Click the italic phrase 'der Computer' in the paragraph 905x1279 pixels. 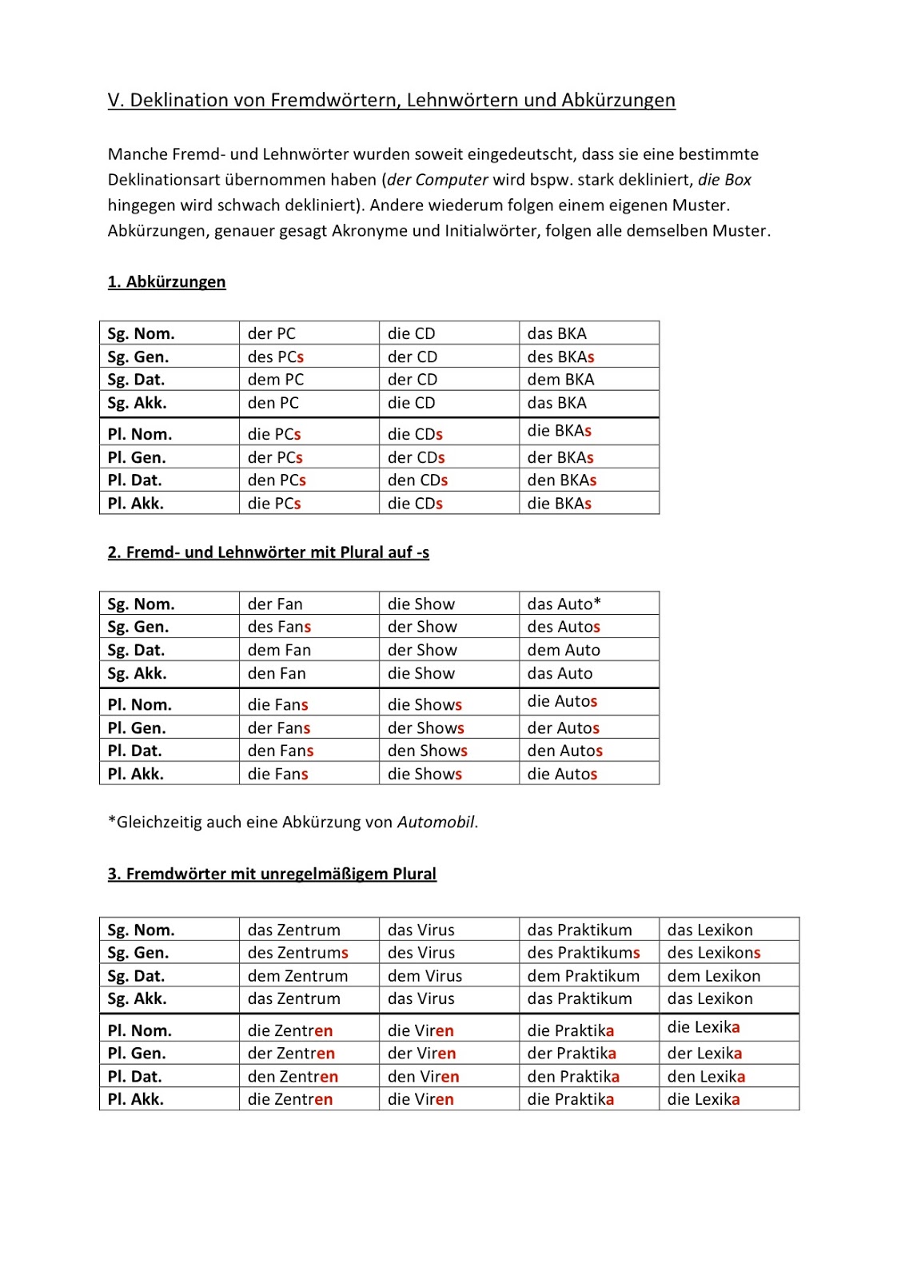(437, 180)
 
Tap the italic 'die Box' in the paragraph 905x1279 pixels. (724, 180)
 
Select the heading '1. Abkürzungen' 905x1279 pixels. (167, 282)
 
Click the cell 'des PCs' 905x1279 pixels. (276, 357)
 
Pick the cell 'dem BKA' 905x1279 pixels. (560, 380)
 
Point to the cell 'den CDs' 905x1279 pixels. (417, 480)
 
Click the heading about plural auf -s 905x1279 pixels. (269, 552)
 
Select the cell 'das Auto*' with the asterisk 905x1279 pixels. (564, 604)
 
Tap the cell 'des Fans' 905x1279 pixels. (279, 628)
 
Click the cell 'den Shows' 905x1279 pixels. (427, 751)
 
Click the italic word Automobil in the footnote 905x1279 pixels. (437, 823)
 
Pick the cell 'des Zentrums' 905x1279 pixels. (297, 953)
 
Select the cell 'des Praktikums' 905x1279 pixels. (584, 953)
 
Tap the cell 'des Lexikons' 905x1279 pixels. (713, 953)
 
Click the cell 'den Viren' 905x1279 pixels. (423, 1077)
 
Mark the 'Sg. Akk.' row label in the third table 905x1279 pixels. (138, 999)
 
